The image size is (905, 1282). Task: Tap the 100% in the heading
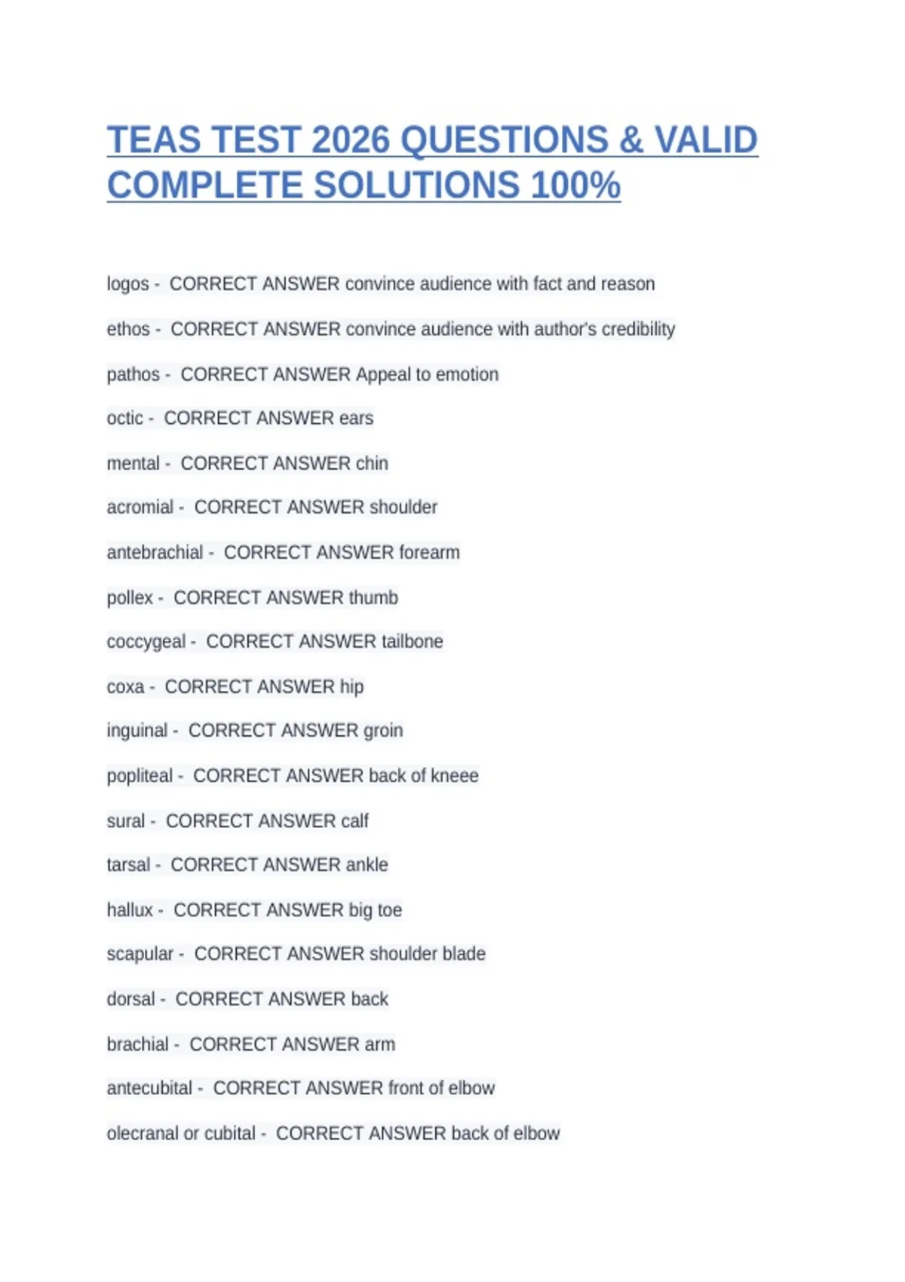(x=575, y=186)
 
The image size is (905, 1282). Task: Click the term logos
(x=127, y=284)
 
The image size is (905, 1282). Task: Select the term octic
(x=124, y=419)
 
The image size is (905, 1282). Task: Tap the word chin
(x=372, y=464)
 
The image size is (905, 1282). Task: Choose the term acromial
(x=140, y=508)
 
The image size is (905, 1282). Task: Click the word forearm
(x=429, y=553)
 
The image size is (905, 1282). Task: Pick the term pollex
(x=130, y=598)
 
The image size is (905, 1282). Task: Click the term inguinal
(x=137, y=731)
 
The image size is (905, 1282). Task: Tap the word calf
(x=354, y=821)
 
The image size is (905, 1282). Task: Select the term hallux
(x=130, y=910)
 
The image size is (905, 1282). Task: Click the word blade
(x=464, y=954)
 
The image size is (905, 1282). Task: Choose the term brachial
(x=137, y=1044)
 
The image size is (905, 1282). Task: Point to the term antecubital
(x=149, y=1088)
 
